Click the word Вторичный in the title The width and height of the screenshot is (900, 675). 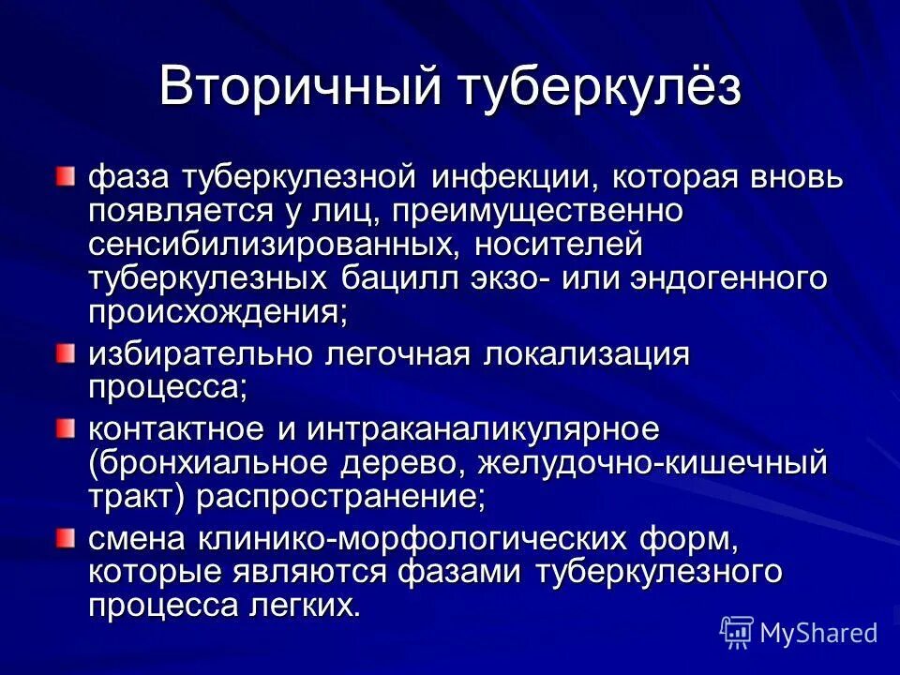click(x=298, y=87)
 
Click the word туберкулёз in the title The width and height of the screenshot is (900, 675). click(x=601, y=87)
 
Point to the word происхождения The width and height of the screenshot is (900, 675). click(x=217, y=312)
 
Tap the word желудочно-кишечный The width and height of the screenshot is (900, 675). click(x=653, y=463)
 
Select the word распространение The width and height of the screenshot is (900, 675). click(x=340, y=497)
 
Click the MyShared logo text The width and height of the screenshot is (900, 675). click(x=818, y=633)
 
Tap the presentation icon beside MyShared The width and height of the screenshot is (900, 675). click(x=737, y=633)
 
